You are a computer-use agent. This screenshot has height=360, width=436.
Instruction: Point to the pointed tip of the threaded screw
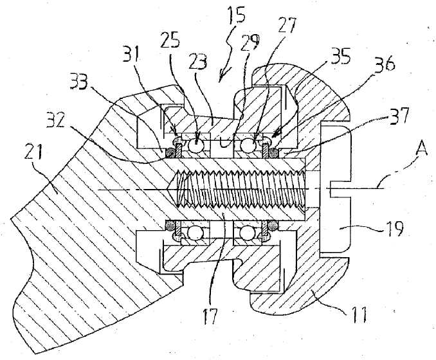171,189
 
